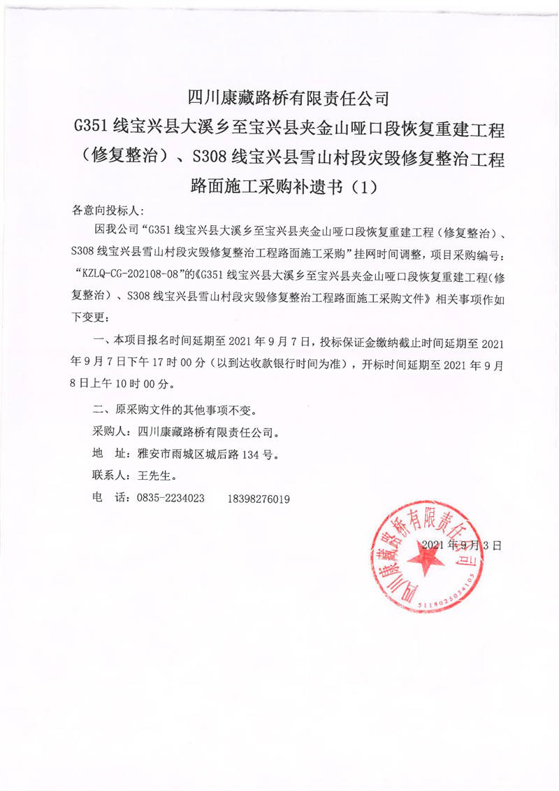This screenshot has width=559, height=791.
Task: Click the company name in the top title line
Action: point(279,96)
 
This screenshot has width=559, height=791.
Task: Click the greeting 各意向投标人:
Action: point(108,210)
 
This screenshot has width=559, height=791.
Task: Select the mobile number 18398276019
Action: point(259,499)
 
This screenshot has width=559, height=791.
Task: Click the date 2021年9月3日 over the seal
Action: point(463,544)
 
